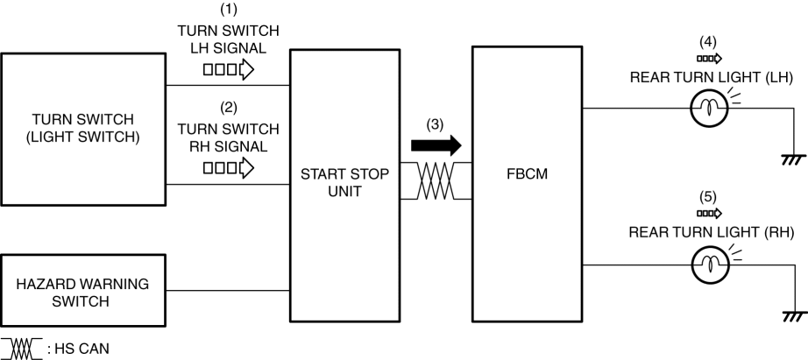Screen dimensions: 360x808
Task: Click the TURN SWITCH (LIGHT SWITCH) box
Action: point(83,127)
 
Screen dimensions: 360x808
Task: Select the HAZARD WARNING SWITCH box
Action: point(83,293)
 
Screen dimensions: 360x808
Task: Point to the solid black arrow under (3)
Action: point(434,143)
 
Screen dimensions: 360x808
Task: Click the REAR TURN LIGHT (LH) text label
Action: point(711,77)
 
